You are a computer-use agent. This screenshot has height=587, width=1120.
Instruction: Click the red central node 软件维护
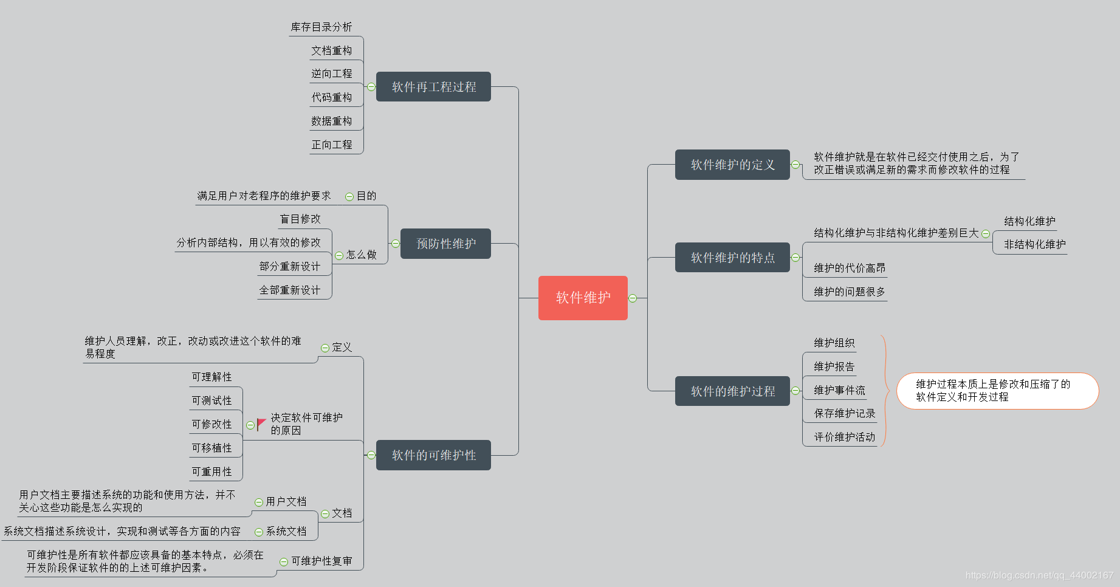coord(583,298)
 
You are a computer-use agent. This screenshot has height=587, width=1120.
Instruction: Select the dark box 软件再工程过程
coord(433,87)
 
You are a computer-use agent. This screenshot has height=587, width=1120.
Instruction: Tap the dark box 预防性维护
coord(445,244)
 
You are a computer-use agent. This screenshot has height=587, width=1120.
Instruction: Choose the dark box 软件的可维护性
coord(433,455)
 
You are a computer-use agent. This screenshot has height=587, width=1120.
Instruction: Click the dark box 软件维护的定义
coord(732,165)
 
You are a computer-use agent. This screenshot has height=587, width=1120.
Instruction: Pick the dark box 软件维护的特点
coord(732,258)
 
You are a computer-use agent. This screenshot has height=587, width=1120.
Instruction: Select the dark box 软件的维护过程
coord(732,391)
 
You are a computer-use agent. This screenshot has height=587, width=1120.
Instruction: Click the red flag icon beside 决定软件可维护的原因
coord(261,424)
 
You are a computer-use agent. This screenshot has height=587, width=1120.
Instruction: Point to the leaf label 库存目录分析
coord(321,27)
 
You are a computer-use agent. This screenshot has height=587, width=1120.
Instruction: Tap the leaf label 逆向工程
coord(332,74)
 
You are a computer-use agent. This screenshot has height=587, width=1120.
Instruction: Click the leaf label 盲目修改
coord(300,219)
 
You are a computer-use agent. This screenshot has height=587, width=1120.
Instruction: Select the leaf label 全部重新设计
coord(290,290)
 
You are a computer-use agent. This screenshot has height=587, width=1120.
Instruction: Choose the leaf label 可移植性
coord(212,448)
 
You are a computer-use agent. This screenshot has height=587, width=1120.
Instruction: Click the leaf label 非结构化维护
coord(1034,244)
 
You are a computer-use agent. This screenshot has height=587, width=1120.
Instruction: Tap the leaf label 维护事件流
coord(839,390)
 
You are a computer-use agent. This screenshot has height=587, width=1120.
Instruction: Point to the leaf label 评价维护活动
coord(845,437)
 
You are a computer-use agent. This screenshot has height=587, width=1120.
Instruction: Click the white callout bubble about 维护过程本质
coord(997,391)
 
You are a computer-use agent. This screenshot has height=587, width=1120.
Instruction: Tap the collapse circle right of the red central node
coord(633,298)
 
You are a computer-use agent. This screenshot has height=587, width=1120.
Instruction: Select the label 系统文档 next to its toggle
coord(286,532)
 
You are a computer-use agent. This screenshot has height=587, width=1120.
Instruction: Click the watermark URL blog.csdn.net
coord(1039,575)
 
